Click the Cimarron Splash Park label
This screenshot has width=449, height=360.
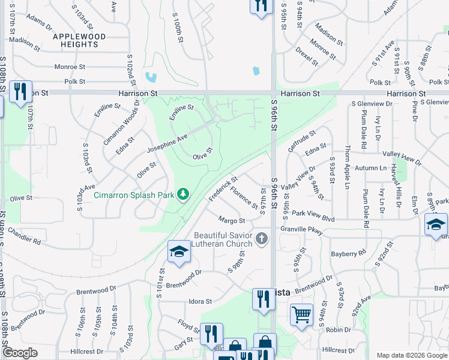[x=133, y=194]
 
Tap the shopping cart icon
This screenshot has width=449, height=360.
[x=301, y=314]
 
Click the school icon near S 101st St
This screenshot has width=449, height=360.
[x=179, y=252]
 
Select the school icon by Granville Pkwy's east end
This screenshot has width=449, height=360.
[x=436, y=225]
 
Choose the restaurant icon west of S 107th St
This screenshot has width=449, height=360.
[x=20, y=92]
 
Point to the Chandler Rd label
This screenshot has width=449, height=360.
[x=24, y=236]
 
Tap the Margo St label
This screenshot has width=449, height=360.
[x=232, y=221]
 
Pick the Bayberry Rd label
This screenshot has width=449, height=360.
[x=348, y=254]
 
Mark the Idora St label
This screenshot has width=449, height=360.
[x=200, y=301]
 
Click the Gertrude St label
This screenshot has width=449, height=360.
[x=301, y=141]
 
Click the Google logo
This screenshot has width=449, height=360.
[x=20, y=353]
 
